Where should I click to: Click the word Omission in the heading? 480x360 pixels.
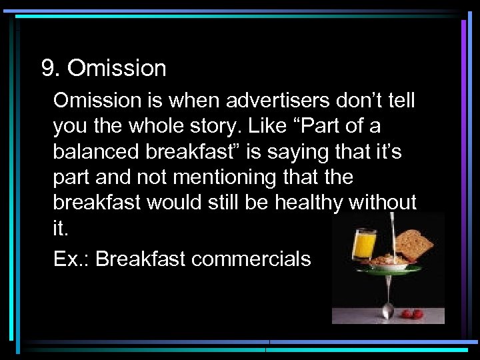pyautogui.click(x=117, y=68)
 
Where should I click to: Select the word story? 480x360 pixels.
pyautogui.click(x=234, y=126)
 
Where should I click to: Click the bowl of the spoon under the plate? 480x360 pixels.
pyautogui.click(x=388, y=310)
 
